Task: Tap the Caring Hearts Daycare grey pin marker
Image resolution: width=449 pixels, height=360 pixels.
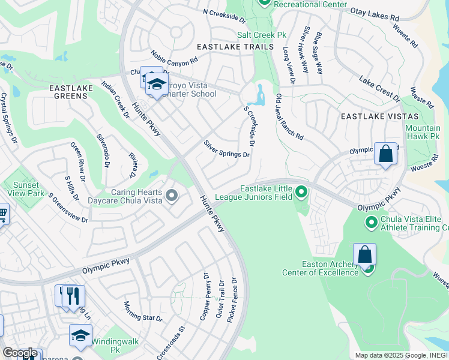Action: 172,195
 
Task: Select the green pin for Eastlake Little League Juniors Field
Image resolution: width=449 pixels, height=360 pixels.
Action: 301,193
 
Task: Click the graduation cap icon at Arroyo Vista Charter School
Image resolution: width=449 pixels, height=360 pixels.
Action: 157,85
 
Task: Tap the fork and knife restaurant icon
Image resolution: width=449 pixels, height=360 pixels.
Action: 73,295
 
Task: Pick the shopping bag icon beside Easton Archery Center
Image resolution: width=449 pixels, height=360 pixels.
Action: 364,254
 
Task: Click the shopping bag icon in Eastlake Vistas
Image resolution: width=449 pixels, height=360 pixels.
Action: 385,154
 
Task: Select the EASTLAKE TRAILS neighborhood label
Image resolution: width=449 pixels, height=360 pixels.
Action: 235,47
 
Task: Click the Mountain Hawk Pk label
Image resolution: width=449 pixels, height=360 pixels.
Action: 422,133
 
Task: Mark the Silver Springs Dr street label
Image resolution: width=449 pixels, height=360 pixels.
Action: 226,149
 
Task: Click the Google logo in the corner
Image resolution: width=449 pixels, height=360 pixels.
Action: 20,353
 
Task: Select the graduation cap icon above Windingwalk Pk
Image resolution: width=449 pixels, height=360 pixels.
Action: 80,335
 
